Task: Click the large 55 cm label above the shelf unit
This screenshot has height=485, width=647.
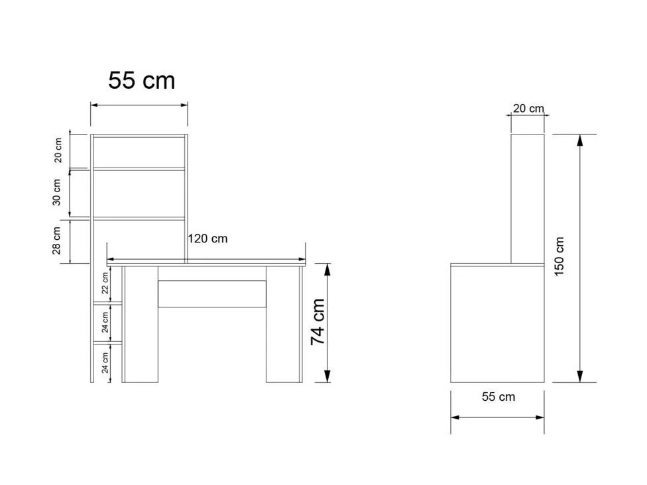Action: pyautogui.click(x=142, y=81)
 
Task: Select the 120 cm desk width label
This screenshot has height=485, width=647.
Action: pyautogui.click(x=207, y=239)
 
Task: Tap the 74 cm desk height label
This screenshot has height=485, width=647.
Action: pyautogui.click(x=319, y=321)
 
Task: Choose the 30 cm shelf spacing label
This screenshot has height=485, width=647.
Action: pyautogui.click(x=58, y=192)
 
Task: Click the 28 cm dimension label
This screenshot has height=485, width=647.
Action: pyautogui.click(x=58, y=241)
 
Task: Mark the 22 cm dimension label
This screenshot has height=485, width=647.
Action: pyautogui.click(x=105, y=283)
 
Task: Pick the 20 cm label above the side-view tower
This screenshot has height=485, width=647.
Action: pyautogui.click(x=528, y=109)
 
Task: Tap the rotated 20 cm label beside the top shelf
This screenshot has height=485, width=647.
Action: pyautogui.click(x=58, y=151)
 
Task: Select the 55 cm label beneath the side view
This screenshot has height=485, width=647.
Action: pyautogui.click(x=498, y=397)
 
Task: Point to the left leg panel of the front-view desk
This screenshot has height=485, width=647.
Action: pyautogui.click(x=141, y=325)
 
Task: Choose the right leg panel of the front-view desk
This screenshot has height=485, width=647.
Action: pyautogui.click(x=284, y=325)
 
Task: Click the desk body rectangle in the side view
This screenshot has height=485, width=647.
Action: pyautogui.click(x=497, y=325)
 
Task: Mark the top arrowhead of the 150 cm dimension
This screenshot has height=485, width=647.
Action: pyautogui.click(x=580, y=140)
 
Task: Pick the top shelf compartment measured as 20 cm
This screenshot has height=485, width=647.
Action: pyautogui.click(x=139, y=152)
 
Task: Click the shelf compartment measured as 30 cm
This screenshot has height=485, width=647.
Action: pyautogui.click(x=139, y=193)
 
